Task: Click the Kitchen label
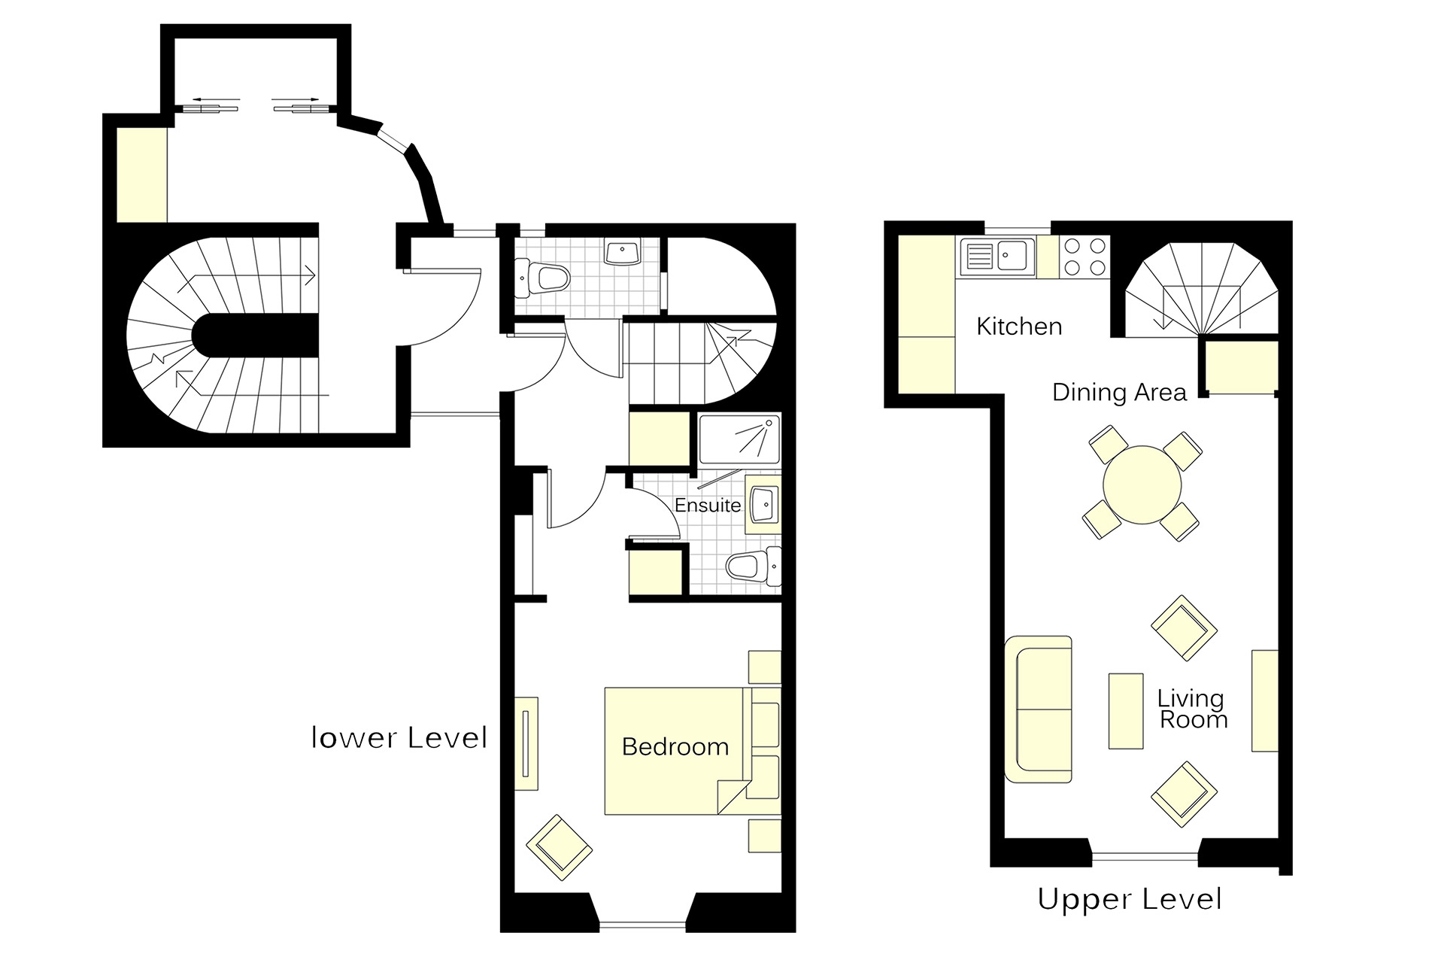tap(1019, 327)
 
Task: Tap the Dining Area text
tap(1118, 392)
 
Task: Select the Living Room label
tap(1191, 709)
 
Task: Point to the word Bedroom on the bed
tap(675, 746)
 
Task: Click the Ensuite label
tap(707, 505)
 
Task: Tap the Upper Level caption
tap(1129, 899)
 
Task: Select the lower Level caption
tap(399, 738)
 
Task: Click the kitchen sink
tap(997, 257)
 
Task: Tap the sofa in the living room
tap(1039, 709)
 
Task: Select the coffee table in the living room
tap(1126, 711)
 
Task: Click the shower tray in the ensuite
tap(739, 439)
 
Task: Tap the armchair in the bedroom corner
tap(559, 847)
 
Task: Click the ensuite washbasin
tap(763, 504)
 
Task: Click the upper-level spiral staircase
tap(1201, 290)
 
